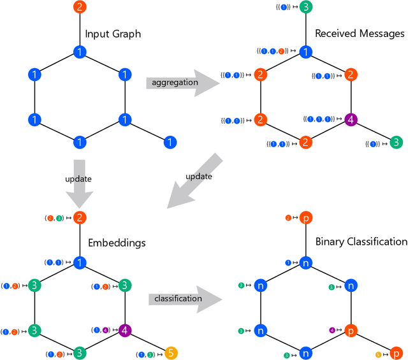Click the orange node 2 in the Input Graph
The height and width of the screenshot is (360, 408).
(x=78, y=8)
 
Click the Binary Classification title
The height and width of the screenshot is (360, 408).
(x=361, y=241)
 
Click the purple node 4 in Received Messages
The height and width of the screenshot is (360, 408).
(x=350, y=119)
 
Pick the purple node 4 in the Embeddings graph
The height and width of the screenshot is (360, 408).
(x=125, y=330)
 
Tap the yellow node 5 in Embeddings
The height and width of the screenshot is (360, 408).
(x=170, y=352)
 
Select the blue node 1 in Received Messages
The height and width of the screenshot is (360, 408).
(x=305, y=51)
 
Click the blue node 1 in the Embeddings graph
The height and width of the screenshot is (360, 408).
(x=79, y=262)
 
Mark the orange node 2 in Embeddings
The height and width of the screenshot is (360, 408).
(x=79, y=218)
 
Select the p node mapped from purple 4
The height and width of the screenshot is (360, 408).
(x=350, y=331)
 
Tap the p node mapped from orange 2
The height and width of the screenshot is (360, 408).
(x=305, y=218)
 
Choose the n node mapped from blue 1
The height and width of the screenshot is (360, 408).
(x=305, y=262)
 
